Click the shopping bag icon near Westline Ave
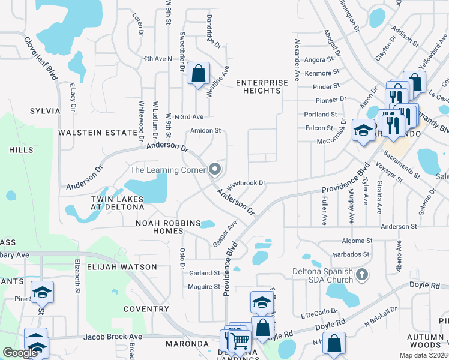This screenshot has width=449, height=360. [198, 74]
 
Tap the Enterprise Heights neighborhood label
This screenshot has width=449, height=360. [258, 86]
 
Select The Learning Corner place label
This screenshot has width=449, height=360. [167, 170]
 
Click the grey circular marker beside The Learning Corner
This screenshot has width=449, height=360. [215, 170]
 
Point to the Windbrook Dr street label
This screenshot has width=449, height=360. [246, 182]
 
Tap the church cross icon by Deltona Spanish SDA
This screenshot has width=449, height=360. [361, 275]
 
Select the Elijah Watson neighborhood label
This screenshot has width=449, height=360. [122, 266]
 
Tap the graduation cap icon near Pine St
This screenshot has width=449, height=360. [42, 293]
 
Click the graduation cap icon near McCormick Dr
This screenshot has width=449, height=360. [363, 131]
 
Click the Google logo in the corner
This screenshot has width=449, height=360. [20, 353]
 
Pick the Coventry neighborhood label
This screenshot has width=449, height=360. [146, 309]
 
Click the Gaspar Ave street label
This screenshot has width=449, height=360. [225, 233]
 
